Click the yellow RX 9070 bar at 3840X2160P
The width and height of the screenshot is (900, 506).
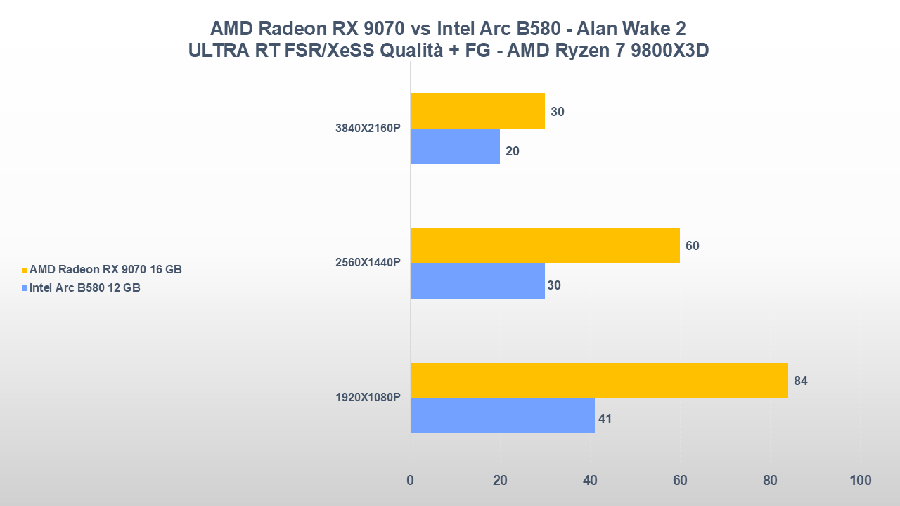(x=477, y=111)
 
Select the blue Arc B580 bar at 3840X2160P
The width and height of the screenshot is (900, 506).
(x=455, y=146)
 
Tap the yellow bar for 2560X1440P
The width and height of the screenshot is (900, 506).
(x=545, y=245)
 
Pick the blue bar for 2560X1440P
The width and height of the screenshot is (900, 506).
(x=477, y=280)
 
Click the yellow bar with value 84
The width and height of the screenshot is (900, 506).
(x=599, y=380)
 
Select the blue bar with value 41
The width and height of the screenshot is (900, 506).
(x=502, y=415)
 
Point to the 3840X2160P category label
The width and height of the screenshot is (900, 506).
(x=368, y=129)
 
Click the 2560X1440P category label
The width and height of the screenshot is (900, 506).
(x=368, y=263)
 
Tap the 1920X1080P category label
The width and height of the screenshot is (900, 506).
(x=368, y=398)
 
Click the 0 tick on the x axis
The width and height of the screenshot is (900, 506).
(x=411, y=481)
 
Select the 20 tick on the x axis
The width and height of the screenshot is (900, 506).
(x=500, y=481)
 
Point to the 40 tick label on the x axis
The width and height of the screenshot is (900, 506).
(x=590, y=481)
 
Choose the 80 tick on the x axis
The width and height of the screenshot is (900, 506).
(x=770, y=481)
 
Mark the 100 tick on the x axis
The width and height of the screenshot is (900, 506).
(x=860, y=481)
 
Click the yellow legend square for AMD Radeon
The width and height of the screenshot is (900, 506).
(x=25, y=270)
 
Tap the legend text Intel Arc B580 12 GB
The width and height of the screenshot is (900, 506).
(x=85, y=287)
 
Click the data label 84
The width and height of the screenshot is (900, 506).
(x=801, y=381)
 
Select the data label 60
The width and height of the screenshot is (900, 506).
(x=693, y=246)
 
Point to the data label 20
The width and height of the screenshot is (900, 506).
(x=513, y=151)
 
